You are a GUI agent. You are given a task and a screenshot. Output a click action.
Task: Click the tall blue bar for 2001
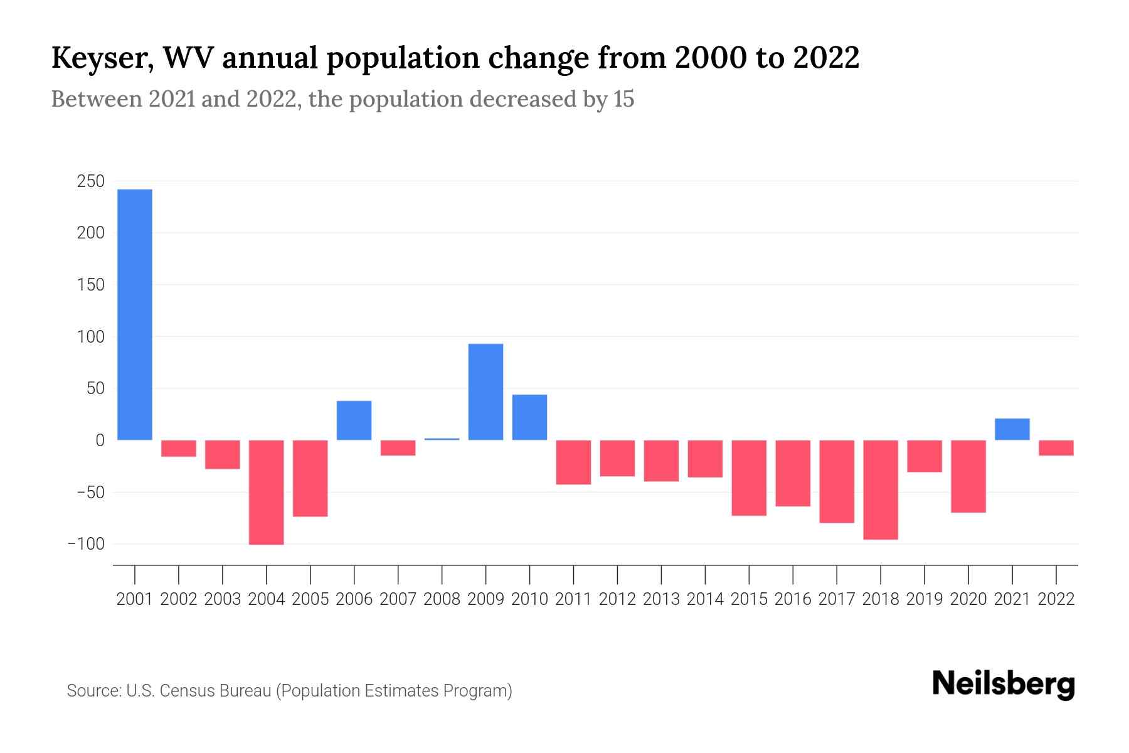[x=135, y=314]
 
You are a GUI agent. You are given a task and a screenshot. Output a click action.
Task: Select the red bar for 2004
[x=267, y=492]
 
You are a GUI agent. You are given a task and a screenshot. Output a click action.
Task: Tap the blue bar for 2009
[x=485, y=392]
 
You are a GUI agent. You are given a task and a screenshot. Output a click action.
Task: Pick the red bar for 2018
[x=881, y=489]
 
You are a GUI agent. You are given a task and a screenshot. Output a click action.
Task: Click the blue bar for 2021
[x=1012, y=429]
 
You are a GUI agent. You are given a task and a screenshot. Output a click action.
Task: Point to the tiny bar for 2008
[x=442, y=439]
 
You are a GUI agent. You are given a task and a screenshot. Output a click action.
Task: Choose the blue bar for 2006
[x=354, y=420]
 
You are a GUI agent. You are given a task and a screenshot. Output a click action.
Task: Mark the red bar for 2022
[x=1056, y=447]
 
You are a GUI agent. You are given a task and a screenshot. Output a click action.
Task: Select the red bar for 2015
[x=749, y=478]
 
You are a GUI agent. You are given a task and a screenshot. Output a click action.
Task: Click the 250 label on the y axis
[x=90, y=181]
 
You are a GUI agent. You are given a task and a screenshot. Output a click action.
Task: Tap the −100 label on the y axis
[x=86, y=544]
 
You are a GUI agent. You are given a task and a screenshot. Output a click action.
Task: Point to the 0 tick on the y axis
[x=99, y=441]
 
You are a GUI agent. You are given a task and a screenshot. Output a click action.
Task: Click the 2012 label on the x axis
[x=617, y=599]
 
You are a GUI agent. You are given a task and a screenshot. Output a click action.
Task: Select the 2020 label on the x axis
[x=968, y=599]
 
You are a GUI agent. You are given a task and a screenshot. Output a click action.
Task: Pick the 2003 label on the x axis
[x=223, y=599]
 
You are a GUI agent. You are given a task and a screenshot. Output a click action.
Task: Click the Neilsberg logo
[x=1004, y=684]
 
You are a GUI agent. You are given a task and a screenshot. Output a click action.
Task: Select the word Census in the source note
[x=183, y=691]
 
